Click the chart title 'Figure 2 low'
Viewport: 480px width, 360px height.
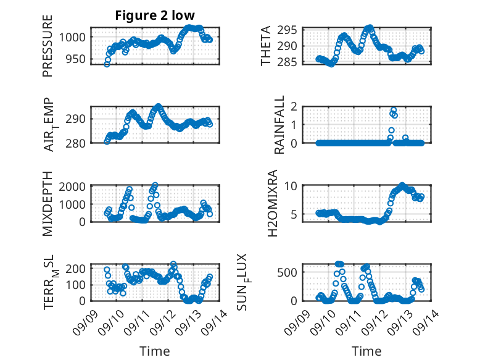pos(155,15)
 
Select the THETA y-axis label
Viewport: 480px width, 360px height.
pos(266,46)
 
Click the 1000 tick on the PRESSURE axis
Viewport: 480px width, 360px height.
pos(73,37)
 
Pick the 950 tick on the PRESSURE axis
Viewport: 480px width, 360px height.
pos(77,59)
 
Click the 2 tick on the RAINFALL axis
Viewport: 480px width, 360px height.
pos(296,107)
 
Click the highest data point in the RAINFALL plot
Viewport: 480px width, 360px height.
pos(394,111)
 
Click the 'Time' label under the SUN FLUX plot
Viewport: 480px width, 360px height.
pos(366,351)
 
